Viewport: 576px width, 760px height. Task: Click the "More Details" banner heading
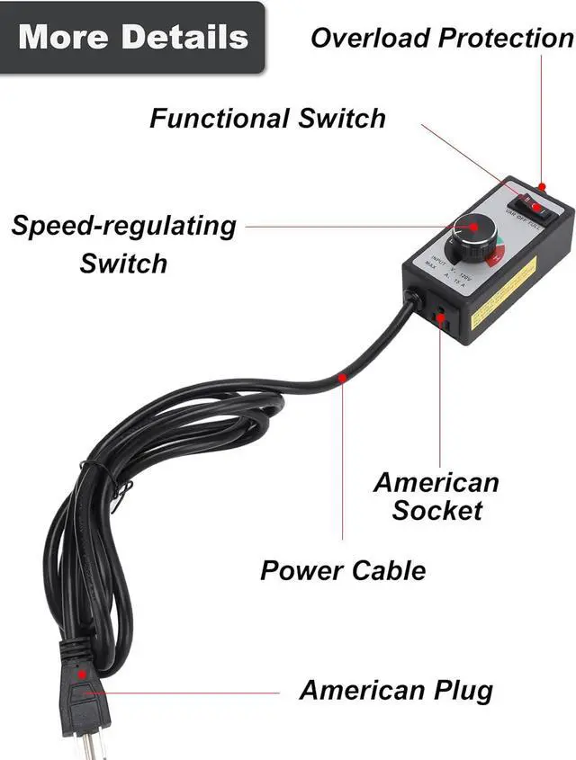pos(132,37)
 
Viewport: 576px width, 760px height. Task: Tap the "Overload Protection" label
pos(442,38)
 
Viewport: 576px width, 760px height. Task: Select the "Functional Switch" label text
pos(267,118)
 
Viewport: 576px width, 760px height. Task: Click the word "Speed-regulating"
pos(124,225)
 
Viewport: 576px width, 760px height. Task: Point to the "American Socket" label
pos(437,496)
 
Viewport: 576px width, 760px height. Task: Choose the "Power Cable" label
pos(343,569)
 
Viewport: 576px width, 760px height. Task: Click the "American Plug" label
pos(396,690)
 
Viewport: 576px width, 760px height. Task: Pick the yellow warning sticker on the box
pos(504,293)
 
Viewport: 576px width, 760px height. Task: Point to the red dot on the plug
pos(83,673)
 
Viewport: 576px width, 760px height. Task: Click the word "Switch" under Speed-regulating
pos(123,264)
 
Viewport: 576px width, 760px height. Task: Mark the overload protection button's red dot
pos(543,186)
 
